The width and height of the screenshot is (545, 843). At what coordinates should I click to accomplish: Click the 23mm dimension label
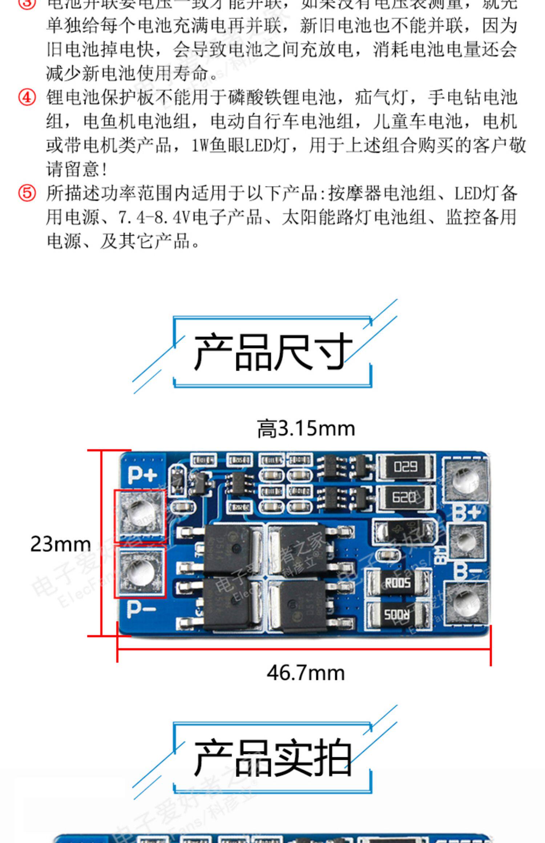[60, 544]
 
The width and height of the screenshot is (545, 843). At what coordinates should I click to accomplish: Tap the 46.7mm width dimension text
[306, 673]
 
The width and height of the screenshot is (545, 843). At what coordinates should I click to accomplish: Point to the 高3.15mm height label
[306, 429]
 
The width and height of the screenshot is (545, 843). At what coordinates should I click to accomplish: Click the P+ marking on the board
[142, 474]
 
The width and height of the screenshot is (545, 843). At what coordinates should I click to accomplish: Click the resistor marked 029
[405, 467]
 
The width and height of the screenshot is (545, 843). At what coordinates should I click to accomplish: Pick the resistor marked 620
[404, 497]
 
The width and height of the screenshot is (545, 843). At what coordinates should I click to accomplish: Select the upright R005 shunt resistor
[398, 583]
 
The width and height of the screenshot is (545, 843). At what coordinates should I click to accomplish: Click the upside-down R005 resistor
[397, 615]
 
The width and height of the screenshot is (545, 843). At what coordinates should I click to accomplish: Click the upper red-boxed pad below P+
[140, 516]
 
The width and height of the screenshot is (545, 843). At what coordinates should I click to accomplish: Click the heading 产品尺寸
[273, 352]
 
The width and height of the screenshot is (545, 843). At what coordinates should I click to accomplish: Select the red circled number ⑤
[27, 193]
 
